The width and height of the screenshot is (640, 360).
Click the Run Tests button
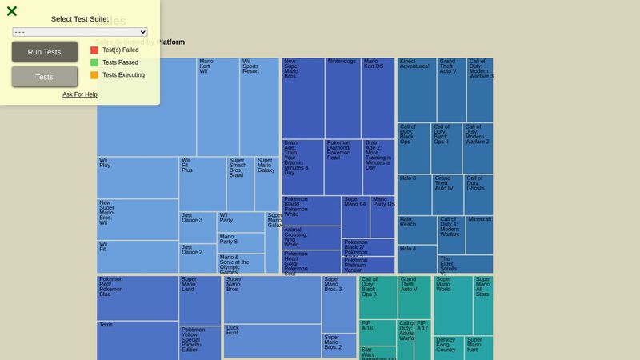44,52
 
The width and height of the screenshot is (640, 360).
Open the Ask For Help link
80,94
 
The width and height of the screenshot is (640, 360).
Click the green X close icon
12,11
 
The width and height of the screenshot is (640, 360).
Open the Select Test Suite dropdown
80,32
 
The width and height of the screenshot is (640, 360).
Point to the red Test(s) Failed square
94,50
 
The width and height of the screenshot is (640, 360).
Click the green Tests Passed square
94,62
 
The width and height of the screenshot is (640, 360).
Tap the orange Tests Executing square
94,75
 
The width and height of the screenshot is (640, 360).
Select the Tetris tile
137,340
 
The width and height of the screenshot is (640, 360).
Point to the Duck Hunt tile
272,340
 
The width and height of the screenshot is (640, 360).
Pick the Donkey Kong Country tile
449,347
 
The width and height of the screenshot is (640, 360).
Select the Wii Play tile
137,177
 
